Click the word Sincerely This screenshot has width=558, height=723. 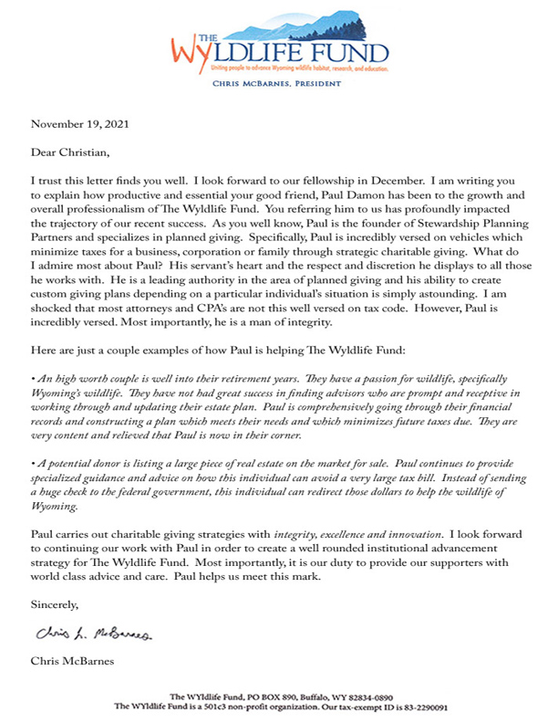[56, 604]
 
